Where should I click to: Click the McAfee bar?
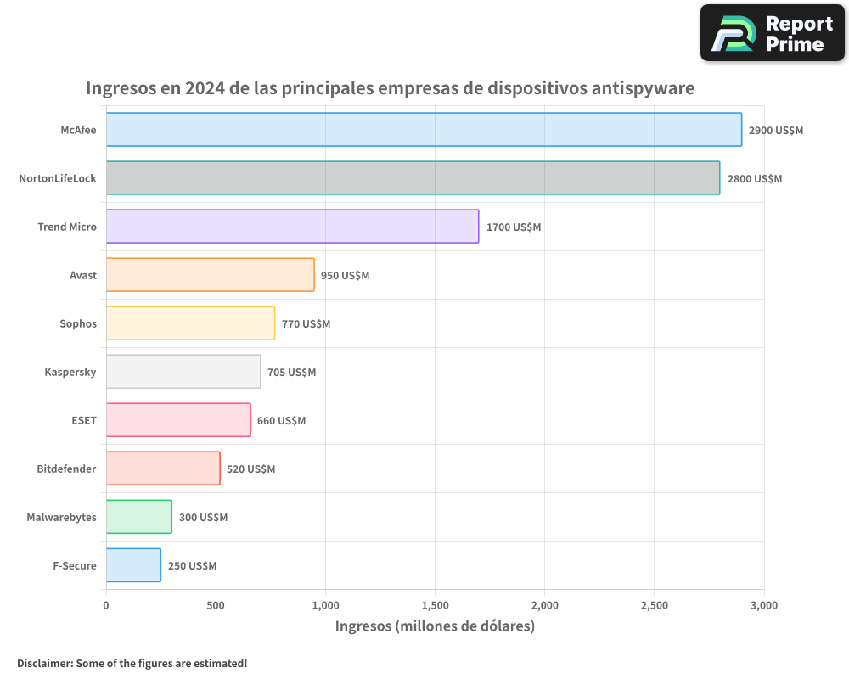(424, 130)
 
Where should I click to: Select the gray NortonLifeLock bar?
(413, 178)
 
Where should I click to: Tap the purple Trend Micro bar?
(292, 227)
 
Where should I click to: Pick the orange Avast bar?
(210, 275)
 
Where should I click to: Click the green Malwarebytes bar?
(138, 517)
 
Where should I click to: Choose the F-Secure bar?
(133, 565)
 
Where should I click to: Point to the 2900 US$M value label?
(775, 131)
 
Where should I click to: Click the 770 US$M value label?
(306, 324)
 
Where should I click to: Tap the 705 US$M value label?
(291, 373)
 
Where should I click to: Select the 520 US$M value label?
(250, 469)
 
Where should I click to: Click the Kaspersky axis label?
(70, 372)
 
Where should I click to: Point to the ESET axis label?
(83, 420)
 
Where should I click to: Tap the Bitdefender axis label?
(66, 469)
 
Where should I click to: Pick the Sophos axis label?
(78, 323)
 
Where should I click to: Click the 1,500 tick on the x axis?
(435, 605)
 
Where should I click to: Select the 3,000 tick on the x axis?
(763, 605)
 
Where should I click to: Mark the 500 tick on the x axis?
(216, 605)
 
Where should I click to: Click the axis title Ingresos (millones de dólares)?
(435, 626)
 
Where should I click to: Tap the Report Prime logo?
(772, 33)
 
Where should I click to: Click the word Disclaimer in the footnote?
(44, 663)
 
